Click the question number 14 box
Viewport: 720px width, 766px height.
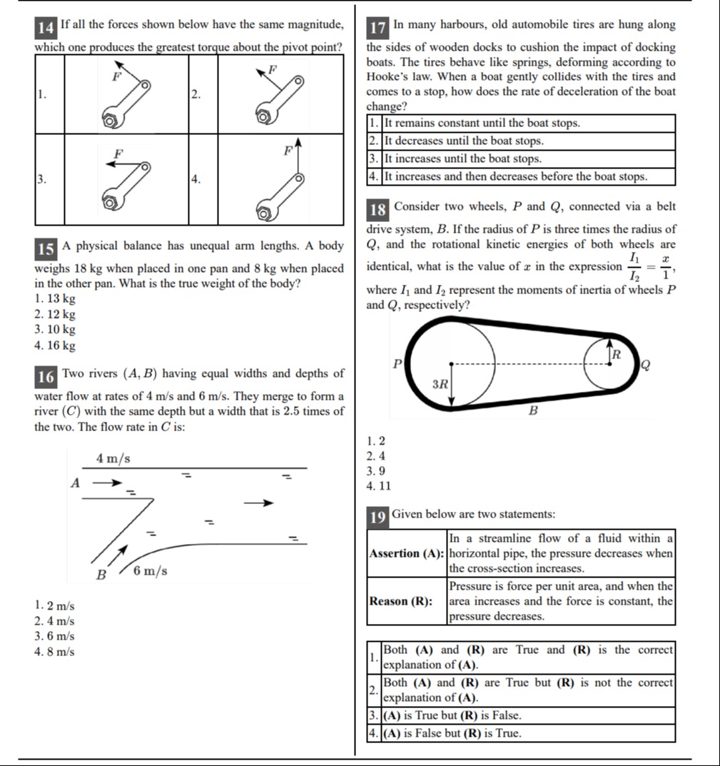(46, 29)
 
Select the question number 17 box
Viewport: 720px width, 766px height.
(377, 29)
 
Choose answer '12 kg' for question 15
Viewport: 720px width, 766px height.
(54, 314)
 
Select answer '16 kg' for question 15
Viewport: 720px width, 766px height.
(54, 346)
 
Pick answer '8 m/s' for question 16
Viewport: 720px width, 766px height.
(54, 651)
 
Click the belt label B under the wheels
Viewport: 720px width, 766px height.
(532, 411)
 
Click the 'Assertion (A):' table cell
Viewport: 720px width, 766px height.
(406, 553)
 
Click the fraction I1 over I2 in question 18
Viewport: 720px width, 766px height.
(634, 267)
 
